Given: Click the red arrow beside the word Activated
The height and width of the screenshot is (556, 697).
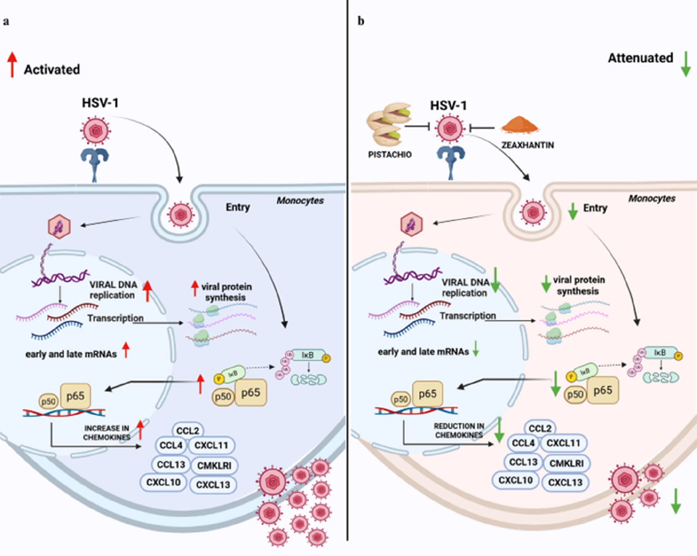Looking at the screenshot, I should click(12, 65).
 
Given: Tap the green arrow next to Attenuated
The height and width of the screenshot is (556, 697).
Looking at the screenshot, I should click(685, 64).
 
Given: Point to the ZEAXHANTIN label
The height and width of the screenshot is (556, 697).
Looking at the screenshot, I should click(527, 145).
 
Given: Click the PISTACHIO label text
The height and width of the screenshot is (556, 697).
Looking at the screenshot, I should click(390, 155).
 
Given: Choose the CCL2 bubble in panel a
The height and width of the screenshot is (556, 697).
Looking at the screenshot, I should click(188, 430).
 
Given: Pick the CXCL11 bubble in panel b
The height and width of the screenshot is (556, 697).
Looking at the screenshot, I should click(563, 443).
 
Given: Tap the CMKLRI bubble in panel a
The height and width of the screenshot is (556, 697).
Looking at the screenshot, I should click(214, 466).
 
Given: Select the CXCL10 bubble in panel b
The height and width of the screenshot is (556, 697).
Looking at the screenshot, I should click(515, 480).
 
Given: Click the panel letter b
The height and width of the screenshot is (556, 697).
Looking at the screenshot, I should click(361, 21).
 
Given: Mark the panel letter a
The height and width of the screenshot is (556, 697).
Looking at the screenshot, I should click(6, 21).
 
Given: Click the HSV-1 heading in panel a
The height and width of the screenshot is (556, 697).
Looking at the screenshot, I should click(100, 103).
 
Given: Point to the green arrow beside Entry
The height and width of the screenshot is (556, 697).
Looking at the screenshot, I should click(573, 211).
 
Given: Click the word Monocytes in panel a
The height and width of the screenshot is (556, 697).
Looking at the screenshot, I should click(300, 201).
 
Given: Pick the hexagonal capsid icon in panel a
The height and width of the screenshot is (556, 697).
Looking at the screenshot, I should click(59, 226).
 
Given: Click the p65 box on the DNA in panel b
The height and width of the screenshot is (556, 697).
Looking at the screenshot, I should click(427, 394).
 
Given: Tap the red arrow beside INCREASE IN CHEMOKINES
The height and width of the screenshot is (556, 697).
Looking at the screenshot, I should click(140, 430).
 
